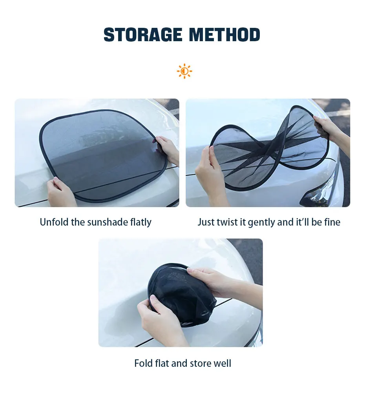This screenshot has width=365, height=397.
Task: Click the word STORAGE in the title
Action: pyautogui.click(x=143, y=35)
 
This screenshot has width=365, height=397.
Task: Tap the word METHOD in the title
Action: pyautogui.click(x=224, y=35)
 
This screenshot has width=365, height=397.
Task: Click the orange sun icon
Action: pyautogui.click(x=184, y=71)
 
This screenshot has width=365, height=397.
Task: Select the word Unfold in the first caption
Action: pyautogui.click(x=54, y=222)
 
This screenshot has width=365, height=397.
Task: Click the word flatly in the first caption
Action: pyautogui.click(x=141, y=222)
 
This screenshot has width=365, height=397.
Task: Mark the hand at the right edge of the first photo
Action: pyautogui.click(x=167, y=150)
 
